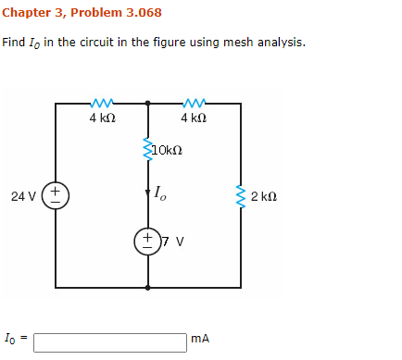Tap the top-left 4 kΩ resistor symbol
pos(102,103)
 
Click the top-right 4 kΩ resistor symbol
pos(195,103)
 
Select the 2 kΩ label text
pos(264,196)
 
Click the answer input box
pos(109,341)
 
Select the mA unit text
pos(200,340)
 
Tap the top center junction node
pos(148,103)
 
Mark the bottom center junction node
pos(148,288)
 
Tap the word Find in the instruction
pos(14,43)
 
